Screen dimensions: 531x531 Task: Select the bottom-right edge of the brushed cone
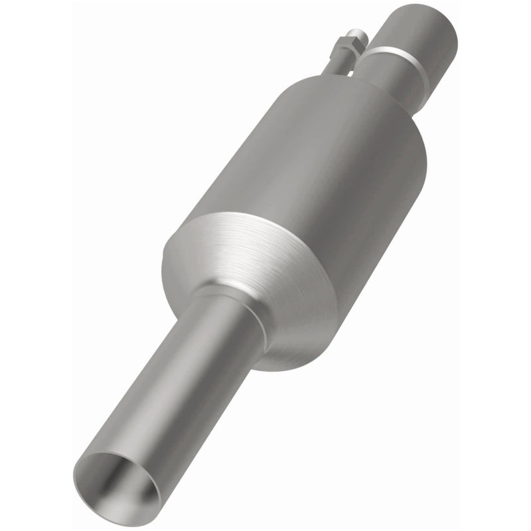coord(312,352)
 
